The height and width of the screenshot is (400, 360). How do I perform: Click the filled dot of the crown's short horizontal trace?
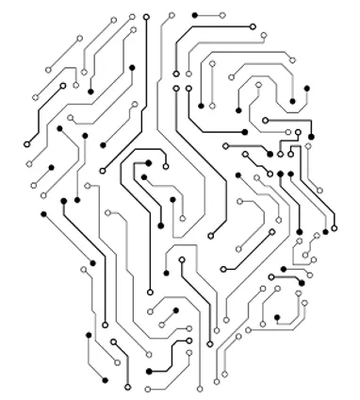tap(194, 16)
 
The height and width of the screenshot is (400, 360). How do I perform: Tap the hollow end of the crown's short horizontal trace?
tap(223, 16)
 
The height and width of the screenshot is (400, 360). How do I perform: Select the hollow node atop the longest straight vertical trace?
tap(146, 17)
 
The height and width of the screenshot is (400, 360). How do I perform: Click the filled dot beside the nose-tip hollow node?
tap(326, 231)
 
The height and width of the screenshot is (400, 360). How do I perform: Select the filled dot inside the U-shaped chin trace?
tap(277, 317)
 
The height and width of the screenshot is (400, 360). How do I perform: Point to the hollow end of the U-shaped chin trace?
tap(303, 301)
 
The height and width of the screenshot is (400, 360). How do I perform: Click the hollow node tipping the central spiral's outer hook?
tap(167, 167)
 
